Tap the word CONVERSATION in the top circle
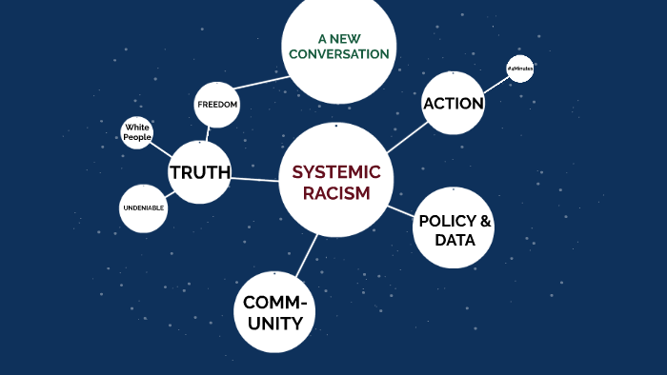tap(340, 54)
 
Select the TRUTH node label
tap(199, 172)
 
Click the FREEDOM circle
tap(216, 104)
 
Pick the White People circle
tap(137, 132)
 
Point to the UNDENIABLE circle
tap(144, 207)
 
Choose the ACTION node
tap(453, 104)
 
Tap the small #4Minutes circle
tap(520, 70)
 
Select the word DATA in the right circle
tap(455, 240)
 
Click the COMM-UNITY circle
tap(273, 312)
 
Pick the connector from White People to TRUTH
tap(162, 149)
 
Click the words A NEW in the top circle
tap(340, 38)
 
